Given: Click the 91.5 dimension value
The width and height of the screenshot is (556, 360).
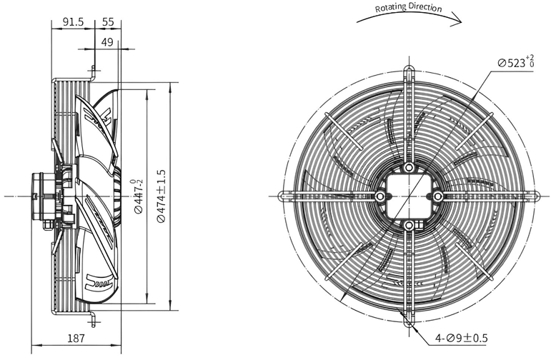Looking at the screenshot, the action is tap(73, 22).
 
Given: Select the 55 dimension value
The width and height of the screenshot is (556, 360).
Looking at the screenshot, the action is tap(108, 22).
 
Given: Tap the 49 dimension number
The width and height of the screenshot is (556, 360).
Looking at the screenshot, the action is tap(107, 42).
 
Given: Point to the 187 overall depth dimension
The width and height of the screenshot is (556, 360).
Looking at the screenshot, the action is tap(76, 339).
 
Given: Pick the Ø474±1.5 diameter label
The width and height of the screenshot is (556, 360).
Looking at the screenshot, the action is tap(161, 196).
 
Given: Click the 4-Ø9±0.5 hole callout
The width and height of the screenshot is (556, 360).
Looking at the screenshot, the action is tap(462, 339).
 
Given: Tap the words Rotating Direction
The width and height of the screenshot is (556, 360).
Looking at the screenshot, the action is tap(409, 8).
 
